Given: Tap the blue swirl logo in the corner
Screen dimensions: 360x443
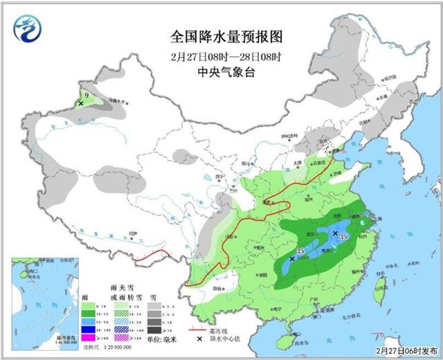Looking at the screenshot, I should [x=26, y=29].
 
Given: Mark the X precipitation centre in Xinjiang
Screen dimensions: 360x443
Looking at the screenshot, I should [x=82, y=103].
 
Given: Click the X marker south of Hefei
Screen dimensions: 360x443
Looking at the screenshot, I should [x=335, y=233].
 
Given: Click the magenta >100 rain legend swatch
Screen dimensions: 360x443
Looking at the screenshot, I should [x=88, y=338].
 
